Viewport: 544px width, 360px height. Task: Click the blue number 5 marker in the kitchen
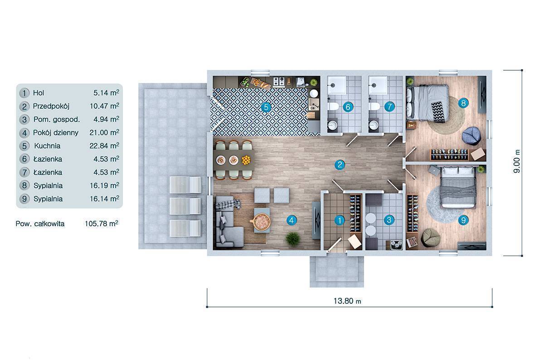pos(266,107)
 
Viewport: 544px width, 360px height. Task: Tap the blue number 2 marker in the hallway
pos(340,165)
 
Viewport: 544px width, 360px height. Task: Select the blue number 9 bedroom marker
pos(463,220)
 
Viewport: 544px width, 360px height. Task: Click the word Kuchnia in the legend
pos(47,146)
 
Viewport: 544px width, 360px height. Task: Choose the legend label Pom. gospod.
pos(57,120)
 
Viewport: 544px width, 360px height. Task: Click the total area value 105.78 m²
pos(102,224)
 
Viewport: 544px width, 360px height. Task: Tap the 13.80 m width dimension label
pos(347,301)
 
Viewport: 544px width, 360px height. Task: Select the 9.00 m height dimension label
pos(517,161)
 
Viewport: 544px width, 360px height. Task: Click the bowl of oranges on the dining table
pos(246,160)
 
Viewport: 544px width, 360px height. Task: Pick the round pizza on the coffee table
pos(260,221)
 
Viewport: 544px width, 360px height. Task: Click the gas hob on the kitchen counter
pos(278,82)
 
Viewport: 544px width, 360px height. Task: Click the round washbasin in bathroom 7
pos(373,125)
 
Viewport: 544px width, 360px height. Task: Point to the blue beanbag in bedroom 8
pos(471,136)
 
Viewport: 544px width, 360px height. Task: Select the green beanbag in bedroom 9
pos(430,237)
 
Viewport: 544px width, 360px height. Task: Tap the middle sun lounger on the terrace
pos(185,206)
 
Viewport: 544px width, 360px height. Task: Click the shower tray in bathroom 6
pos(336,85)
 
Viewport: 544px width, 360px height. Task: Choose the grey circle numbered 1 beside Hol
pos(24,93)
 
